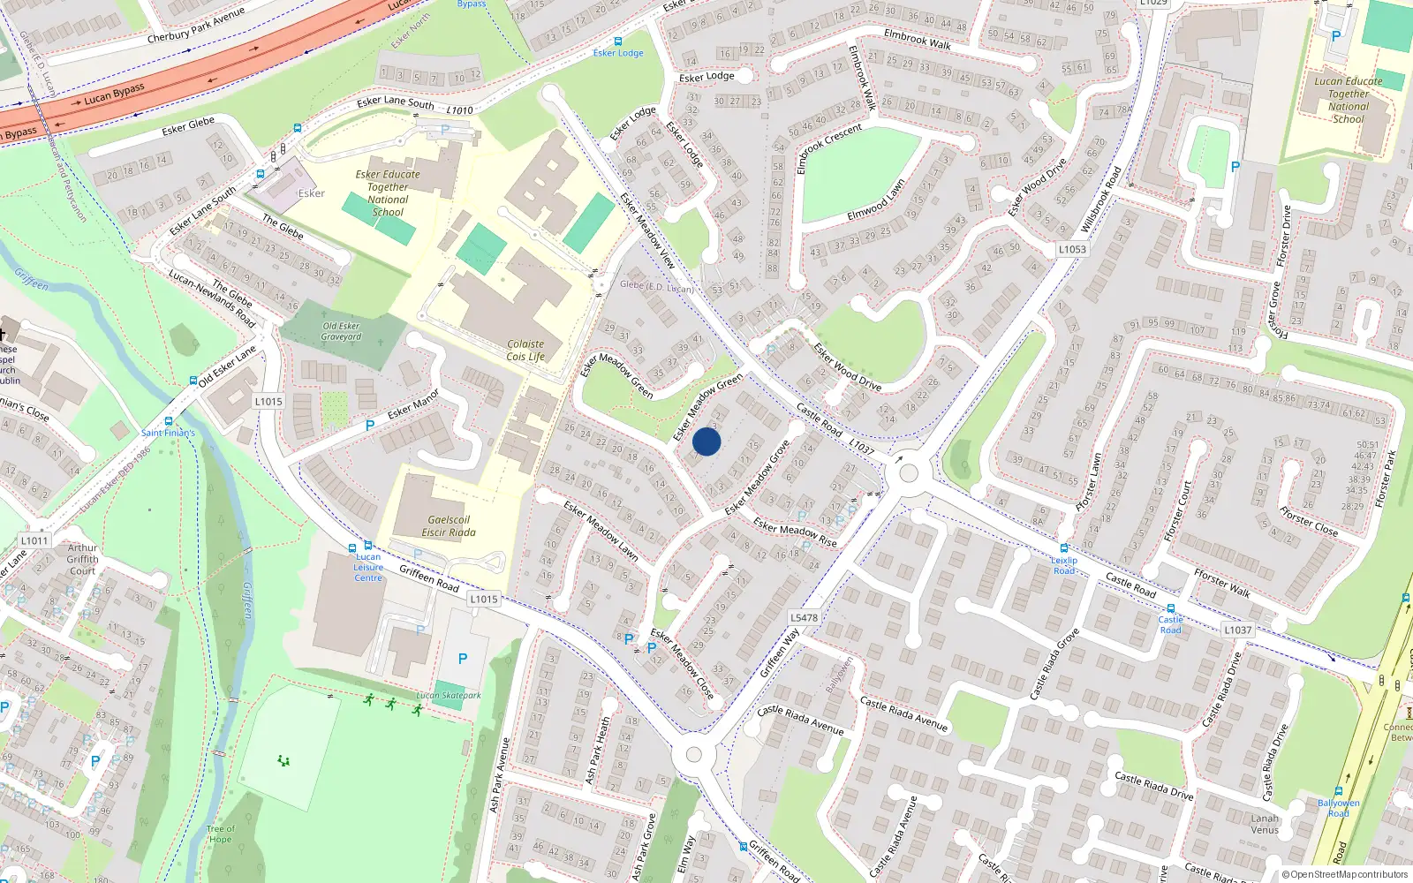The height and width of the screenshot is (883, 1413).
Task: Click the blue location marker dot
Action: (x=706, y=441)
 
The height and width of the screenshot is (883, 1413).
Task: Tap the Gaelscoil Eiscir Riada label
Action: (x=449, y=526)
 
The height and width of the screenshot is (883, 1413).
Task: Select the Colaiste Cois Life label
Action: (x=525, y=351)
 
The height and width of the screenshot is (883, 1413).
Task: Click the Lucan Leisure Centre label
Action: (x=368, y=567)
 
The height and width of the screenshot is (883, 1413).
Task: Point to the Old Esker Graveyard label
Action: (x=341, y=331)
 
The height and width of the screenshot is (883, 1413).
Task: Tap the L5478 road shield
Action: (x=804, y=618)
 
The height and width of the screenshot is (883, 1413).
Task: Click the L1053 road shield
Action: (x=1072, y=249)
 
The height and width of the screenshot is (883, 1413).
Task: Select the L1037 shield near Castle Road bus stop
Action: (x=1237, y=630)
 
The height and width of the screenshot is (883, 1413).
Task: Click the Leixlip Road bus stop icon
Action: (x=1064, y=548)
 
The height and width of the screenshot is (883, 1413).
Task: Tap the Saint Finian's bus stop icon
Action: (x=169, y=422)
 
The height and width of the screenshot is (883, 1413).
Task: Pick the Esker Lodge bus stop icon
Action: (x=617, y=42)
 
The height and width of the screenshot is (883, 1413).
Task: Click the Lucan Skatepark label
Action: (x=449, y=695)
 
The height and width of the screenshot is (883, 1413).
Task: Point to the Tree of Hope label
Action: (x=221, y=834)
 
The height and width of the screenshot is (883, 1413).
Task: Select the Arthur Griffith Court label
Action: (x=82, y=559)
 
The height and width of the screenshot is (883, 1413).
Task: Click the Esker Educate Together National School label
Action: (x=388, y=193)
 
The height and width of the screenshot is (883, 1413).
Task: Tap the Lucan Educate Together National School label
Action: (x=1348, y=100)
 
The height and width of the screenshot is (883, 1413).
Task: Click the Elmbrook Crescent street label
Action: (x=828, y=148)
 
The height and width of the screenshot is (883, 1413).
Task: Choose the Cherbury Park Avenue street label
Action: (x=196, y=26)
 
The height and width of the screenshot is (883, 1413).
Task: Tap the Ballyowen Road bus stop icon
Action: (x=1339, y=791)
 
